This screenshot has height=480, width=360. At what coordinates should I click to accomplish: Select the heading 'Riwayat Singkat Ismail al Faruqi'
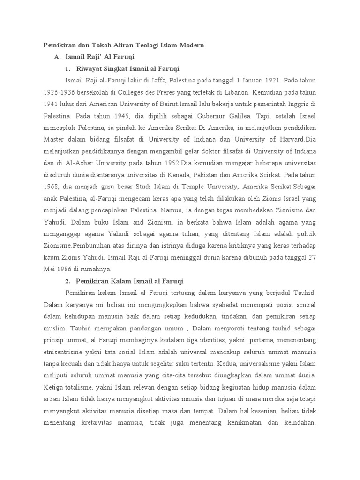click(x=123, y=68)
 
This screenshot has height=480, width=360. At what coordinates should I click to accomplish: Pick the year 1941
click(x=52, y=104)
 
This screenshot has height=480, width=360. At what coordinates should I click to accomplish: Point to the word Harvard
click(x=289, y=139)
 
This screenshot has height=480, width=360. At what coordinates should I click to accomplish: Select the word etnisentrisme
click(x=65, y=352)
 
